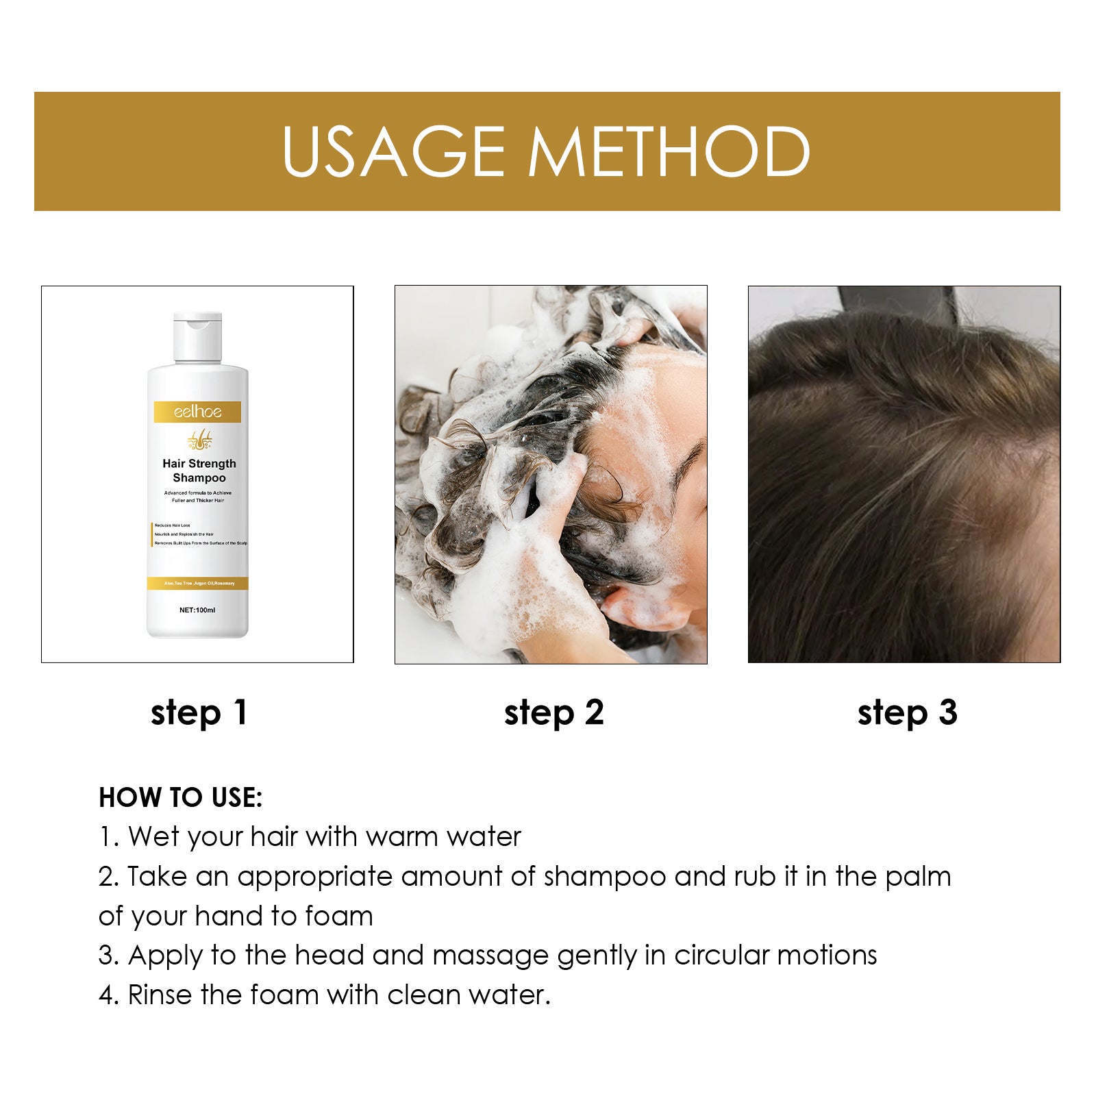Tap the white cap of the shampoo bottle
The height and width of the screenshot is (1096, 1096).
[x=197, y=336]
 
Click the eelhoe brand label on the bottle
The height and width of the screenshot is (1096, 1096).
[x=197, y=412]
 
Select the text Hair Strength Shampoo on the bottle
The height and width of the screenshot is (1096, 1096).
[x=199, y=471]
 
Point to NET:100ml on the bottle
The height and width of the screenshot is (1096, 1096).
[x=197, y=610]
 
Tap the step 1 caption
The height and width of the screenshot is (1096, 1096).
[x=199, y=713]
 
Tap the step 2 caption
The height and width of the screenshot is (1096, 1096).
[x=553, y=713]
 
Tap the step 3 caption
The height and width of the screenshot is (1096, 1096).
[x=907, y=713]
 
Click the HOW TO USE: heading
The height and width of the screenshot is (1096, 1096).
[x=180, y=797]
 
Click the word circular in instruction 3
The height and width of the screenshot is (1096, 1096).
[x=721, y=956]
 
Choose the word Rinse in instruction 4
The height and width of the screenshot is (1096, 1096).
[x=160, y=995]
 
